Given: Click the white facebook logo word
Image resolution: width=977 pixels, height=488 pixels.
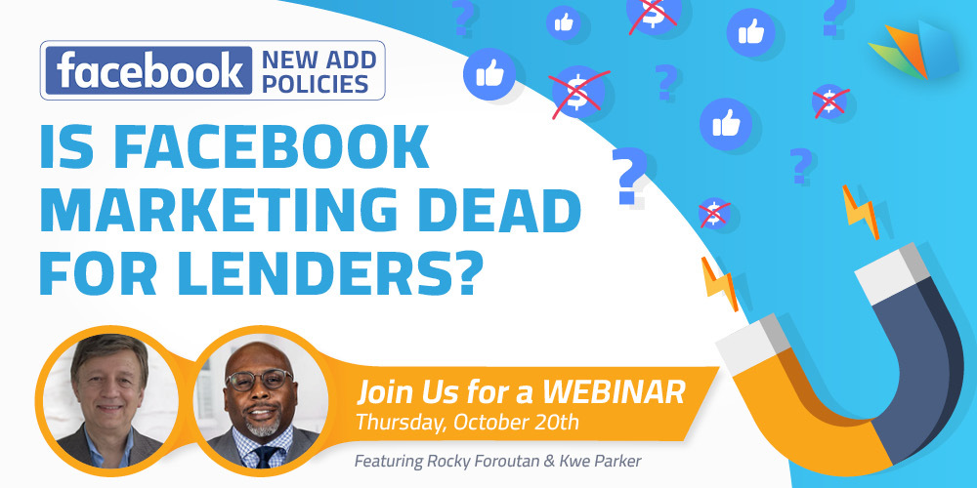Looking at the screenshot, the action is click(x=149, y=70).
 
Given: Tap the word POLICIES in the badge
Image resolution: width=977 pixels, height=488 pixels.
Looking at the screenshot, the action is click(x=315, y=84).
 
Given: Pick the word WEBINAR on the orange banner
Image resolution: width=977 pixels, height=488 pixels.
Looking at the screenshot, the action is click(x=614, y=393).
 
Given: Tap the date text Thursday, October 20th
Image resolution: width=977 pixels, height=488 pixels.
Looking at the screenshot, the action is click(x=467, y=423).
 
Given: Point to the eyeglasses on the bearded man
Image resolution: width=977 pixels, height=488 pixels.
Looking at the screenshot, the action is click(x=259, y=379).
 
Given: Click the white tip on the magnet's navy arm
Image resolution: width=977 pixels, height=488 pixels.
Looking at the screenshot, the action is click(x=892, y=270).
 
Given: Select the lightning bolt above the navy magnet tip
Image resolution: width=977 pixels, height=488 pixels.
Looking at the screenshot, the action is click(x=861, y=212).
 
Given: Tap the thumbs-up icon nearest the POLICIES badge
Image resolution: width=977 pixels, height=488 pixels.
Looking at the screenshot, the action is click(x=489, y=74).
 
